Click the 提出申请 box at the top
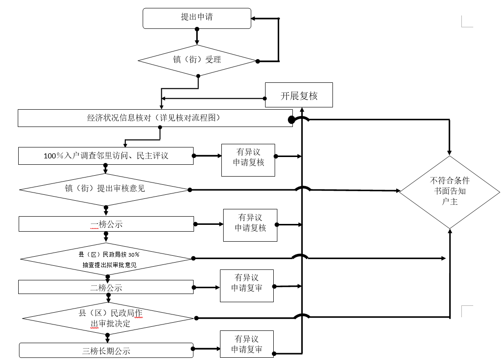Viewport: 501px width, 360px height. (x=197, y=18)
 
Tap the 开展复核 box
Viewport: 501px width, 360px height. (x=299, y=95)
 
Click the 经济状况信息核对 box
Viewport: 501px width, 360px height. (x=155, y=118)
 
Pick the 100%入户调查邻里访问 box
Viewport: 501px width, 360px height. (x=106, y=156)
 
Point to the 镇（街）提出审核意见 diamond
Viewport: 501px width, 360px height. (x=105, y=190)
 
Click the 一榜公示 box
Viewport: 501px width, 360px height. (x=107, y=224)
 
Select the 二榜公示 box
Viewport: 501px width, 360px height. (x=106, y=287)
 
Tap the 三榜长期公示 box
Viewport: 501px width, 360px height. (x=106, y=350)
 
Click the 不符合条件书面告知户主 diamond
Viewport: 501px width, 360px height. (x=450, y=192)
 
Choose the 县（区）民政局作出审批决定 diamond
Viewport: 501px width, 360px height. (x=108, y=318)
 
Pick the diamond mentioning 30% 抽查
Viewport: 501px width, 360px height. (x=107, y=259)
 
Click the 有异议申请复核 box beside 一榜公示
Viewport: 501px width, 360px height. (x=250, y=225)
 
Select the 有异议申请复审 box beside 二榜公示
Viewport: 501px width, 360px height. (x=247, y=286)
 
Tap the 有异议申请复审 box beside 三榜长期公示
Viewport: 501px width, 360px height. (x=247, y=344)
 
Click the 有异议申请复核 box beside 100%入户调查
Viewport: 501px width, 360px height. (x=248, y=160)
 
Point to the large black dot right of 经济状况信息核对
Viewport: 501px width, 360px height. (x=291, y=120)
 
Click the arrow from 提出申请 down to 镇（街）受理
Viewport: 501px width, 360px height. (x=197, y=37)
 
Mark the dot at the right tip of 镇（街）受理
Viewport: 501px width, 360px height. (x=257, y=61)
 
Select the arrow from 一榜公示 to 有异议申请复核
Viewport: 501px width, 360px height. (x=209, y=224)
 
